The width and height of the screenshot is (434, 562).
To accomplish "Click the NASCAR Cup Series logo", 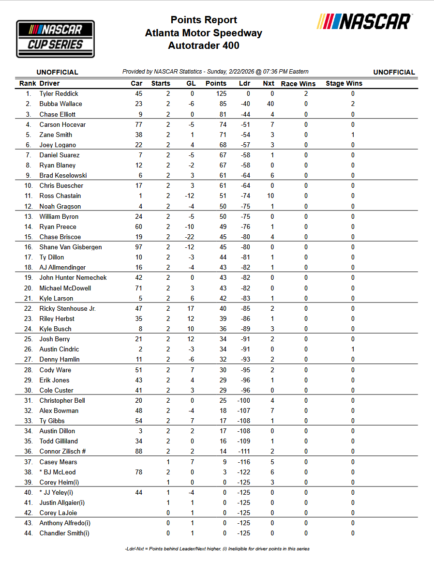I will coord(55,39).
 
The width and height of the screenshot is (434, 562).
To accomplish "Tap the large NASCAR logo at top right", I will coord(364,22).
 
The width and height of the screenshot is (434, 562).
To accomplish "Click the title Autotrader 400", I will coord(204,46).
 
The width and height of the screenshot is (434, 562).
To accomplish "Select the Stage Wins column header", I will coord(344,83).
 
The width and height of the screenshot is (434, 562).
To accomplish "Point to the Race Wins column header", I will coord(298,83).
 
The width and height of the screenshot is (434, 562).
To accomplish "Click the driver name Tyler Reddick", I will coord(59,93).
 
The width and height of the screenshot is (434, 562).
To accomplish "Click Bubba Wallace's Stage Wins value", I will coord(353,104).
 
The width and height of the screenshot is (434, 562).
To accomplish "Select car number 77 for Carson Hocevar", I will coord(138,124).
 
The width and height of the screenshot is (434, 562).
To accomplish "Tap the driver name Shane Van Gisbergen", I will coord(71,247).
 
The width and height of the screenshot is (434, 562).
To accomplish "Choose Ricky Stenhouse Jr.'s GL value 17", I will coord(191,308).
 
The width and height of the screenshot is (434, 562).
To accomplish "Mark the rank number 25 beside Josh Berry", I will coord(29,339).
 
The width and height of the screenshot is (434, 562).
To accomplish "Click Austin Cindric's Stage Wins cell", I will coord(353,349).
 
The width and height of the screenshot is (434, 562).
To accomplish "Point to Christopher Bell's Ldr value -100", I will coord(245,400).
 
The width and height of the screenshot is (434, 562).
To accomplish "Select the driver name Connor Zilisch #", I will coord(63,451).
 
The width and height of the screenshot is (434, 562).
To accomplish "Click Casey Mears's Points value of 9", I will coord(224,462).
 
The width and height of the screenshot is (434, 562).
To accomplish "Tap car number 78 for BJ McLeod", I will coord(138,472).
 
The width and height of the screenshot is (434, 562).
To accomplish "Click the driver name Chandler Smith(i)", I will coord(64,533).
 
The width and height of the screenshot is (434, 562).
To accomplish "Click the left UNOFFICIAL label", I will coord(57,72).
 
